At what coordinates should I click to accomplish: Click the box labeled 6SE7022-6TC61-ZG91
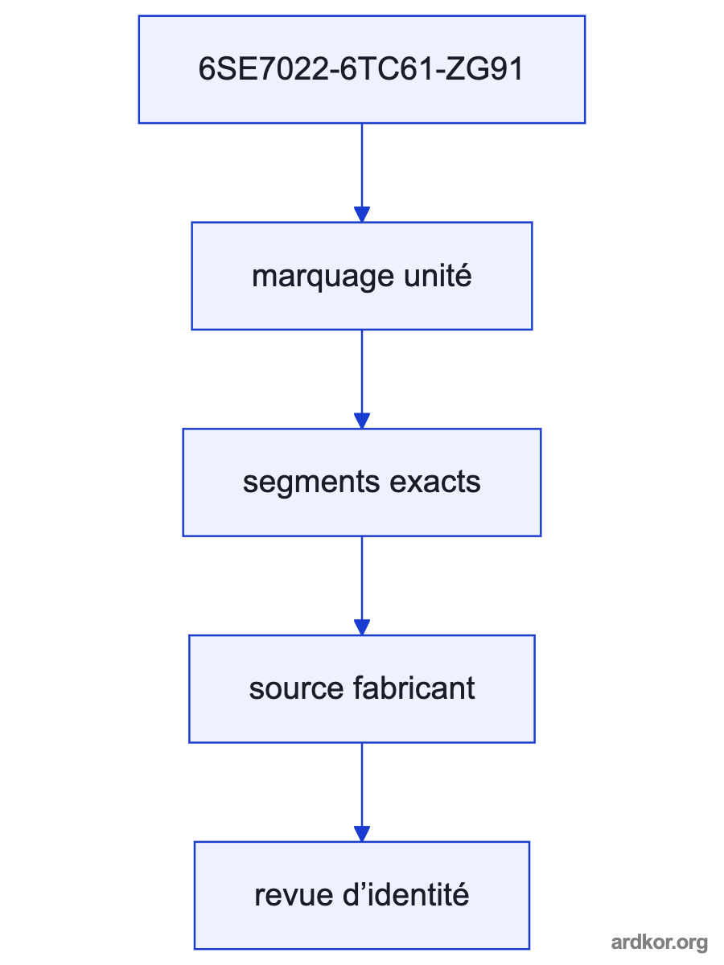pos(362,69)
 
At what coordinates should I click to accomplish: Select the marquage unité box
pos(362,276)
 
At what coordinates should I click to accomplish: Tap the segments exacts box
pos(362,482)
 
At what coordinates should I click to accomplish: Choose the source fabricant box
pos(362,689)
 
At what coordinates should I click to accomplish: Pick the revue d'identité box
pos(362,896)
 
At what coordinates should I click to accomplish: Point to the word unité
pos(438,276)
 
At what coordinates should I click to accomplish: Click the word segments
pos(311,483)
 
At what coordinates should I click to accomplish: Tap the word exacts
pos(435,482)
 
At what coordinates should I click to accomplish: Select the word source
pos(296,689)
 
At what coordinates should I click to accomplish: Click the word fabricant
pos(414,688)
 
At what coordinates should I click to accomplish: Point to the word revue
pos(294,896)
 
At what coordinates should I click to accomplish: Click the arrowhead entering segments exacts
pos(362,421)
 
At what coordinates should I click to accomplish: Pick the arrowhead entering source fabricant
pos(362,627)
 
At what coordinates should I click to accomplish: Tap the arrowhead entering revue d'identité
pos(362,834)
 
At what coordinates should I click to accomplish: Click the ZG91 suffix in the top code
pos(483,69)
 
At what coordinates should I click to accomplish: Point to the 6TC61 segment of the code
pos(386,69)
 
